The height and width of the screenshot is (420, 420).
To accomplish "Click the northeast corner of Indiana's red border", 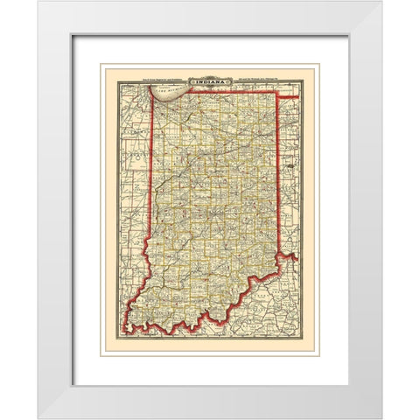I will coord(280,89).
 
